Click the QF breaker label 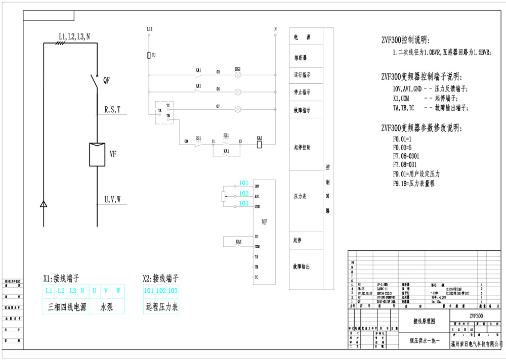106,80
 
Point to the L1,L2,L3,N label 74,36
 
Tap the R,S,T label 112,109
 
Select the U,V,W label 112,200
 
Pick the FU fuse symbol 149,55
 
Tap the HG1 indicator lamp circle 238,74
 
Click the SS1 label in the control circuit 198,138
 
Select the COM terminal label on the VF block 257,246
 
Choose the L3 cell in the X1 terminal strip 72,291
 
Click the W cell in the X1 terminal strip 118,291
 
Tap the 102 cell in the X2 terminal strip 160,291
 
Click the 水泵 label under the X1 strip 106,306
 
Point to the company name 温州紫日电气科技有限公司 476,344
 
